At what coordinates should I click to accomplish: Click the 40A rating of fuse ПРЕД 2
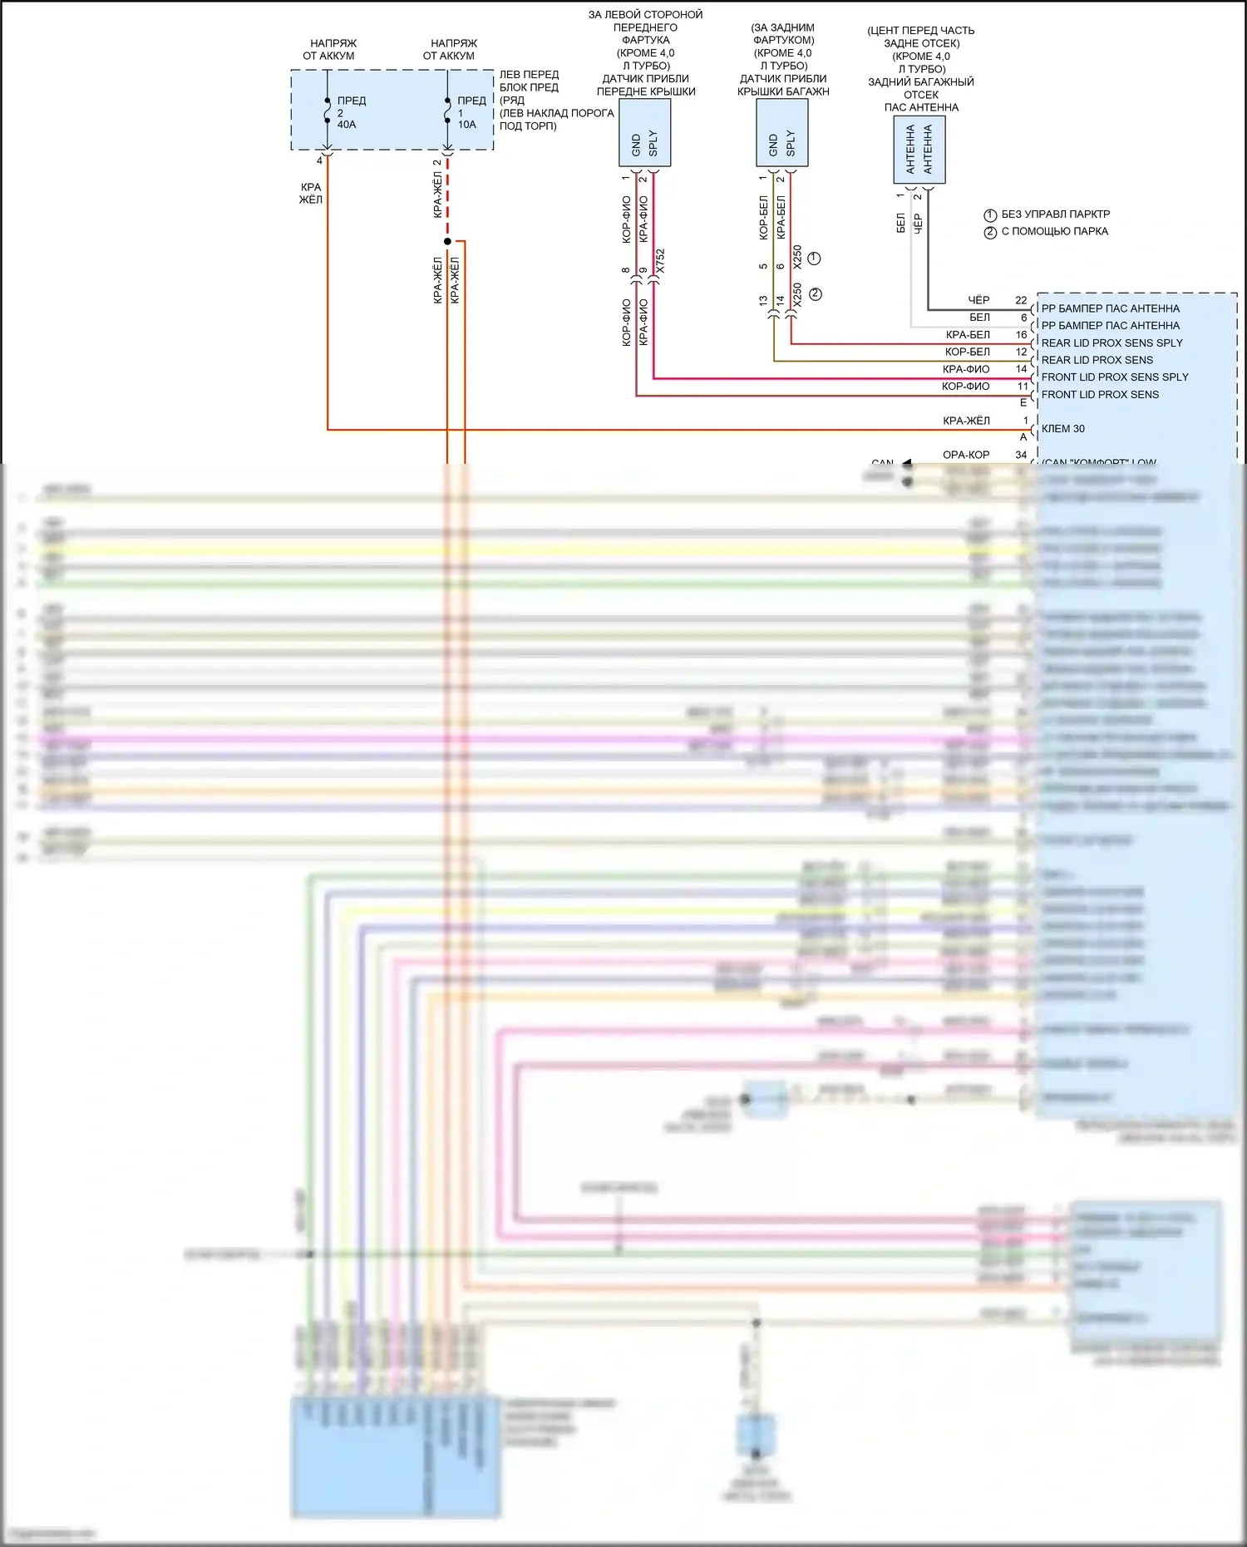click(346, 125)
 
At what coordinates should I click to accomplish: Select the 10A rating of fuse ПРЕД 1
click(466, 125)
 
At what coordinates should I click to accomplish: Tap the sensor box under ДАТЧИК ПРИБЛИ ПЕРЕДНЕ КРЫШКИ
click(645, 133)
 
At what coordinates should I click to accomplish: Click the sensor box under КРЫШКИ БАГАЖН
click(781, 133)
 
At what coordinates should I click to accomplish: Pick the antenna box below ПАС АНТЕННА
click(919, 150)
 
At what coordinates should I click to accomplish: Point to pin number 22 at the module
click(1021, 300)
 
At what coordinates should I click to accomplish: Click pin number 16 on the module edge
click(1021, 335)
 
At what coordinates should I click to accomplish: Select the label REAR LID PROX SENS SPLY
click(1111, 342)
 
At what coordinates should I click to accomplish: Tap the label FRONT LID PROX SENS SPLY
click(1115, 377)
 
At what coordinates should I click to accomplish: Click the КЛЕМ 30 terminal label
click(1062, 429)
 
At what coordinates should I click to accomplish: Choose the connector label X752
click(660, 262)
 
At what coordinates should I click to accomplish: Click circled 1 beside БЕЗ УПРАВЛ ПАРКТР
click(990, 215)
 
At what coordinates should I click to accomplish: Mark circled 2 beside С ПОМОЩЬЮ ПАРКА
click(990, 233)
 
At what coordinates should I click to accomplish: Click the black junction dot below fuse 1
click(447, 242)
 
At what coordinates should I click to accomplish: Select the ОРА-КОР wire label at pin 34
click(966, 455)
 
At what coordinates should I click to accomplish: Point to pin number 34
click(1021, 455)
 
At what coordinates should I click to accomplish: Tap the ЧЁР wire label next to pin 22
click(978, 300)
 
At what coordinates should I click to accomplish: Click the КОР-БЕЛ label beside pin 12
click(967, 352)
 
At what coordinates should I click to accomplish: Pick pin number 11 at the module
click(1023, 387)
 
